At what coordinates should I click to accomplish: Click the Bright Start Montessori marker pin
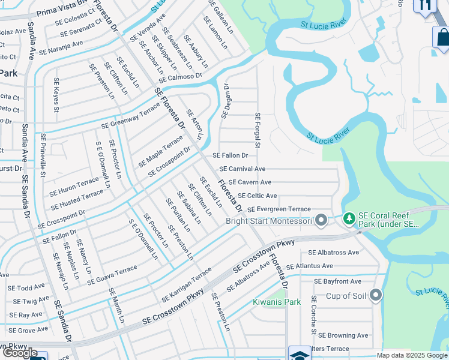pos(321,221)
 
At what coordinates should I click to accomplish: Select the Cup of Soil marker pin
pos(376,296)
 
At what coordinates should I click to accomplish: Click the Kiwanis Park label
pos(276,302)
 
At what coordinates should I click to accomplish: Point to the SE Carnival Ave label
pos(243,169)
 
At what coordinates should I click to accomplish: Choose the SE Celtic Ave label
pos(258,196)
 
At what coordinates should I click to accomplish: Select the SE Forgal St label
pos(258,130)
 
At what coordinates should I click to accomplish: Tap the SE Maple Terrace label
pos(160,152)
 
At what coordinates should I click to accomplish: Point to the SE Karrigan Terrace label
pos(186,285)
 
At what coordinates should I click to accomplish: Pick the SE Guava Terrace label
pos(112,275)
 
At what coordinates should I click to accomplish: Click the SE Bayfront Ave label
pos(337,281)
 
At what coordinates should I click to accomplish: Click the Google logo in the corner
pos(19,353)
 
